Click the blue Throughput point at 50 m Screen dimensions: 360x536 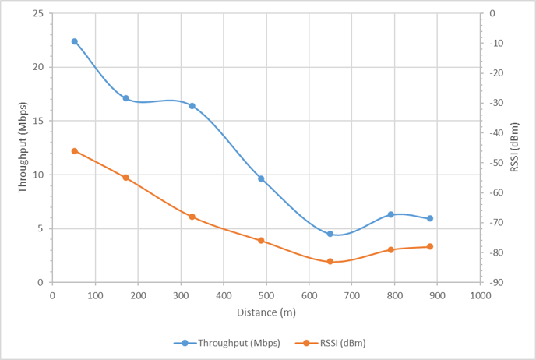click(75, 41)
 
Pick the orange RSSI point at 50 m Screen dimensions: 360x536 click(75, 150)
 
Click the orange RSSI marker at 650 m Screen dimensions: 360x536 click(330, 261)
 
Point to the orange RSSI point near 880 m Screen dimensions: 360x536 click(430, 246)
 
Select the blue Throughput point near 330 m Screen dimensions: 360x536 click(192, 106)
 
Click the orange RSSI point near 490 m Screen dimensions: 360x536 click(262, 240)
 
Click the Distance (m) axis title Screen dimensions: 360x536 click(266, 312)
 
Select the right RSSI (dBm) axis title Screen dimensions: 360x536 click(514, 146)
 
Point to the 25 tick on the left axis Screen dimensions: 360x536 click(37, 13)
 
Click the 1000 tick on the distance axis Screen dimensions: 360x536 click(480, 295)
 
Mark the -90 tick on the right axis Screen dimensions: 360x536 click(495, 282)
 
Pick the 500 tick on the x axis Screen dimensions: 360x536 click(266, 295)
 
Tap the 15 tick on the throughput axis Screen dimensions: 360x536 click(37, 121)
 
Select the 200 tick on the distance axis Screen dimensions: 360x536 click(138, 295)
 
